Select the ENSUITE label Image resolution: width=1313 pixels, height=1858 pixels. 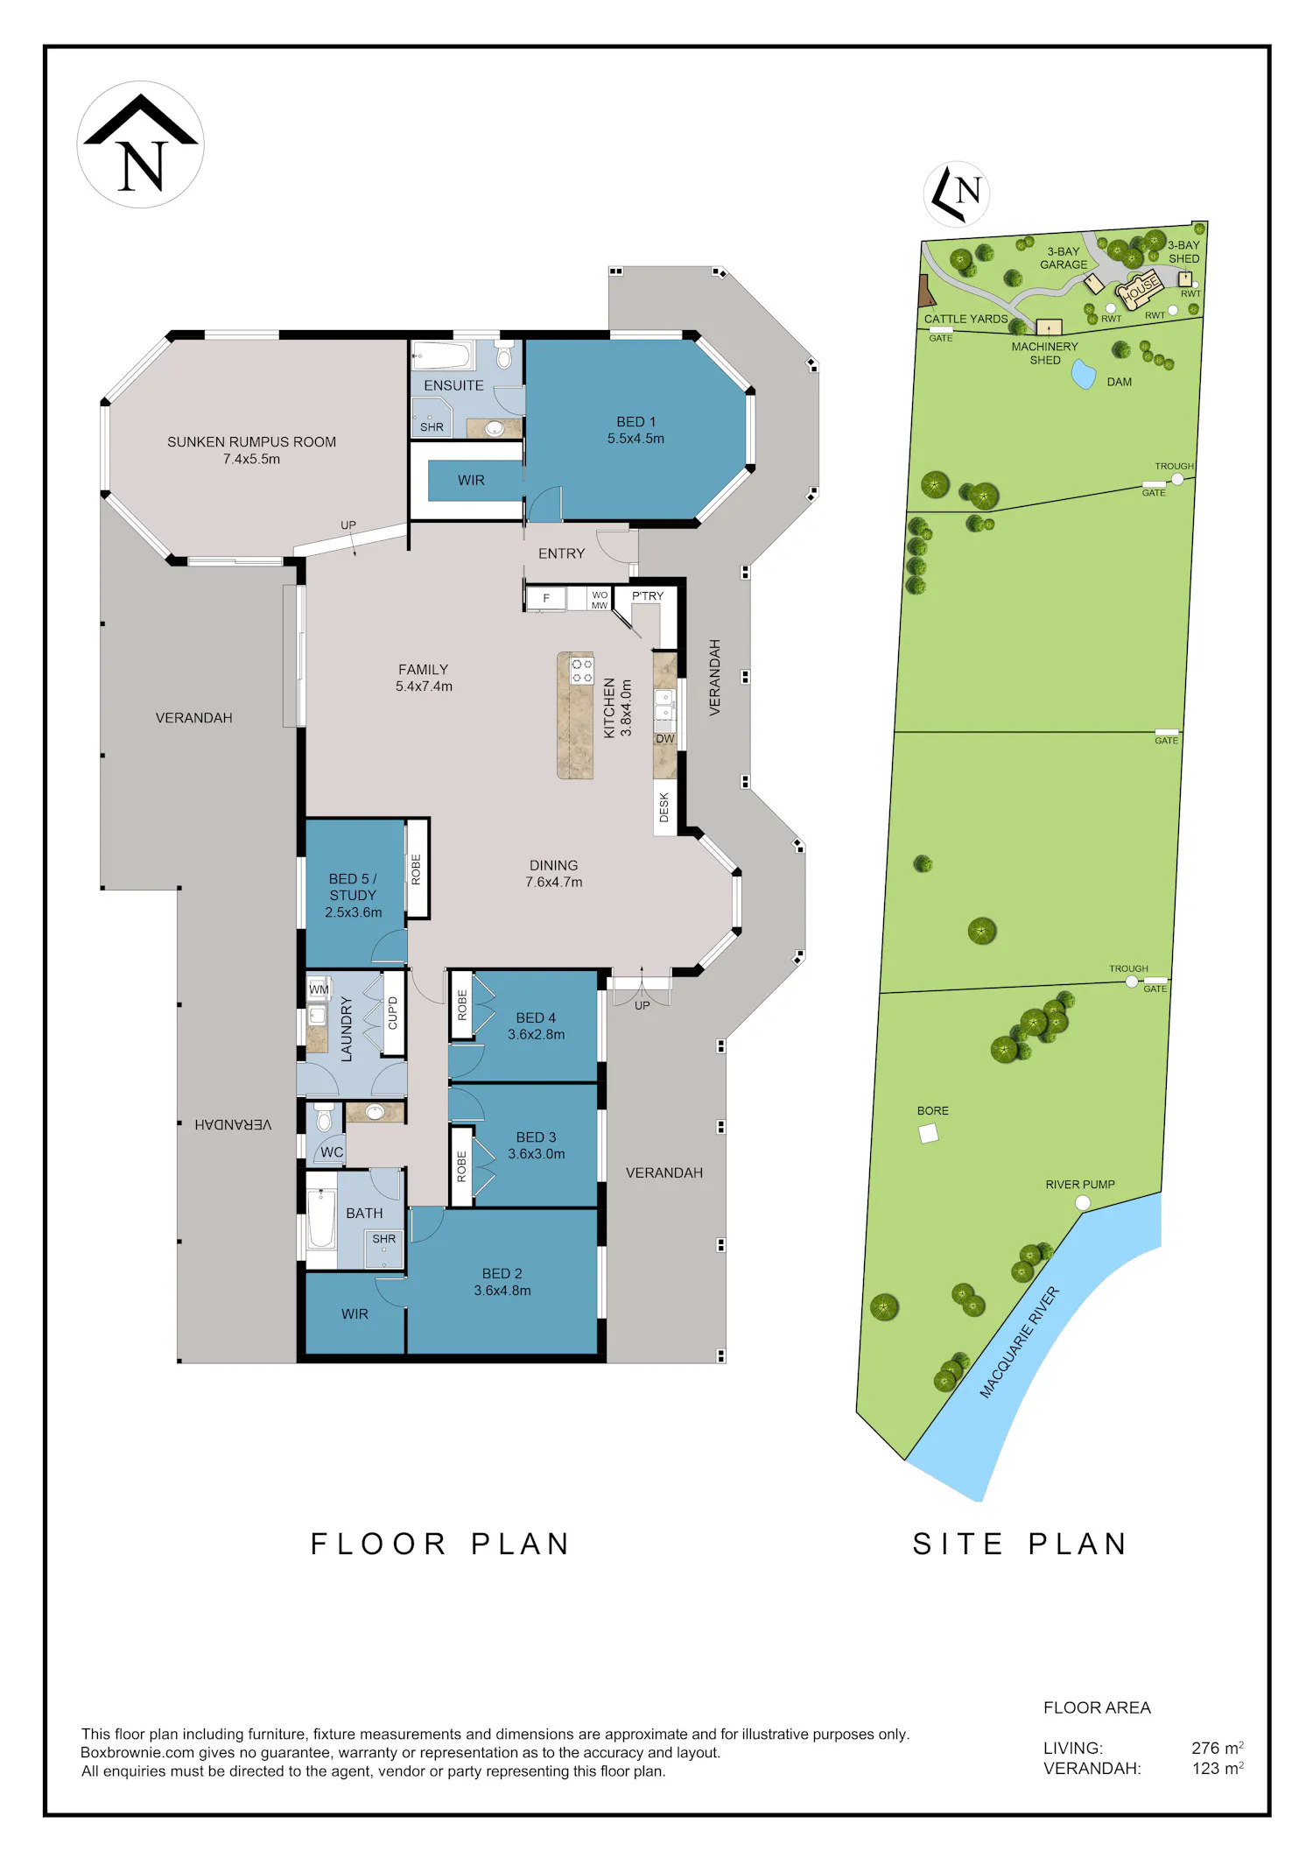453,385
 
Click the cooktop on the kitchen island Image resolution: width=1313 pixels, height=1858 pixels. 582,672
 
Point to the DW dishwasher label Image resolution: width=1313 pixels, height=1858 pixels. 665,739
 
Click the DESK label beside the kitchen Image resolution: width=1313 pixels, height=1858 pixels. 664,807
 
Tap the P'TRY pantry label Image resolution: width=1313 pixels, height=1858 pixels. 648,596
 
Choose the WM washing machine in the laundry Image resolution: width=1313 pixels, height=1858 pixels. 319,989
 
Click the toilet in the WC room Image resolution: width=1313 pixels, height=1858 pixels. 324,1118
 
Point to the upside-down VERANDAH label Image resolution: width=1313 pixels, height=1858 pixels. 233,1124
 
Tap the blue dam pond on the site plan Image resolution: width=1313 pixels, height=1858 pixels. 1084,375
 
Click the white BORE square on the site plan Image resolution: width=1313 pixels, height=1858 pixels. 929,1134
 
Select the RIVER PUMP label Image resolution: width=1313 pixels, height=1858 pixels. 1080,1185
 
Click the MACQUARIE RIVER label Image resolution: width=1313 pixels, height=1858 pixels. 1019,1342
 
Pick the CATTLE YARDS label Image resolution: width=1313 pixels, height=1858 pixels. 966,319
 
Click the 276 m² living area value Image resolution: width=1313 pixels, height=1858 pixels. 1218,1749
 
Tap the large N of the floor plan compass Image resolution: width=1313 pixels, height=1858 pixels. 143,166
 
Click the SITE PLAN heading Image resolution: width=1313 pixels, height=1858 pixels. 1020,1544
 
